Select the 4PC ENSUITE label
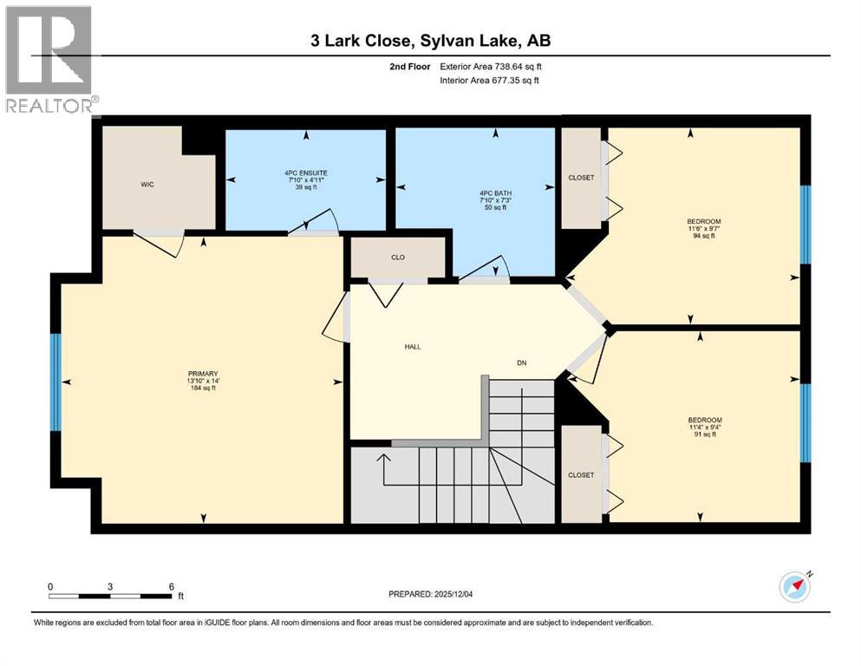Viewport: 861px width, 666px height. click(x=306, y=173)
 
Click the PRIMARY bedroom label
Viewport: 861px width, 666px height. click(x=203, y=374)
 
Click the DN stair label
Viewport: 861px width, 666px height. click(x=522, y=363)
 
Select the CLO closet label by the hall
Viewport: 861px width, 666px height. click(x=398, y=258)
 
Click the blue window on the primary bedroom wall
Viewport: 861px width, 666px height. click(x=56, y=382)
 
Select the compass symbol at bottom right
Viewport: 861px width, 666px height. click(x=795, y=587)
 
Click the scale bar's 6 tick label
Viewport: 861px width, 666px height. click(x=172, y=586)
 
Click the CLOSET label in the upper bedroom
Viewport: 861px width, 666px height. click(x=581, y=178)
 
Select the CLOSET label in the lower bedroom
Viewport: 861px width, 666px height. click(x=581, y=475)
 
